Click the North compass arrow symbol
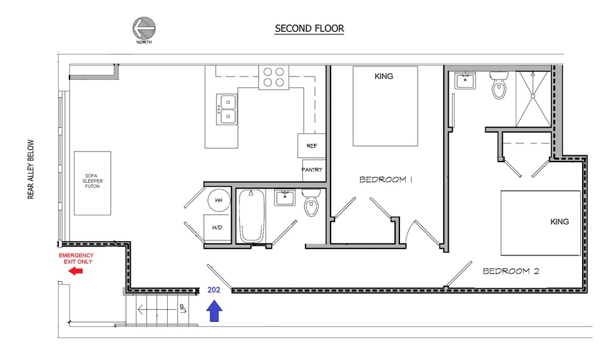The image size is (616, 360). [x=144, y=28]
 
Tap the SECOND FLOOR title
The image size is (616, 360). [x=309, y=29]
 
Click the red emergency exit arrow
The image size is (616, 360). [x=75, y=271]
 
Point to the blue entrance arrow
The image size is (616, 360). [x=214, y=311]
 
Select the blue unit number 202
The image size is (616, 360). [x=213, y=290]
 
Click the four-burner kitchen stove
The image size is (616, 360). [x=274, y=78]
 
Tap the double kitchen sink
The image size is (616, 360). [x=227, y=110]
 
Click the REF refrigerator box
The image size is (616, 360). [x=312, y=146]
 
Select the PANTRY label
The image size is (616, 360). [x=312, y=170]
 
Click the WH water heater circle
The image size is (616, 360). [x=219, y=200]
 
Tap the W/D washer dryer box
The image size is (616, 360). [x=217, y=227]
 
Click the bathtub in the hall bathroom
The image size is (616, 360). [x=252, y=216]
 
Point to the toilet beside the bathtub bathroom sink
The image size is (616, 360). [x=312, y=202]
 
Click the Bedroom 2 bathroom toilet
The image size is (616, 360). [x=499, y=85]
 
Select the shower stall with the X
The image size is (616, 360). [x=533, y=99]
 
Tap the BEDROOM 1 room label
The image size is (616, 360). [x=386, y=180]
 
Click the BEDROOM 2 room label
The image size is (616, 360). [x=511, y=271]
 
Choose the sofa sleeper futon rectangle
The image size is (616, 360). [x=92, y=183]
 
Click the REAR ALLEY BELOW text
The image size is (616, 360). [x=31, y=170]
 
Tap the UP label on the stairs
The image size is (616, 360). [x=182, y=309]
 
